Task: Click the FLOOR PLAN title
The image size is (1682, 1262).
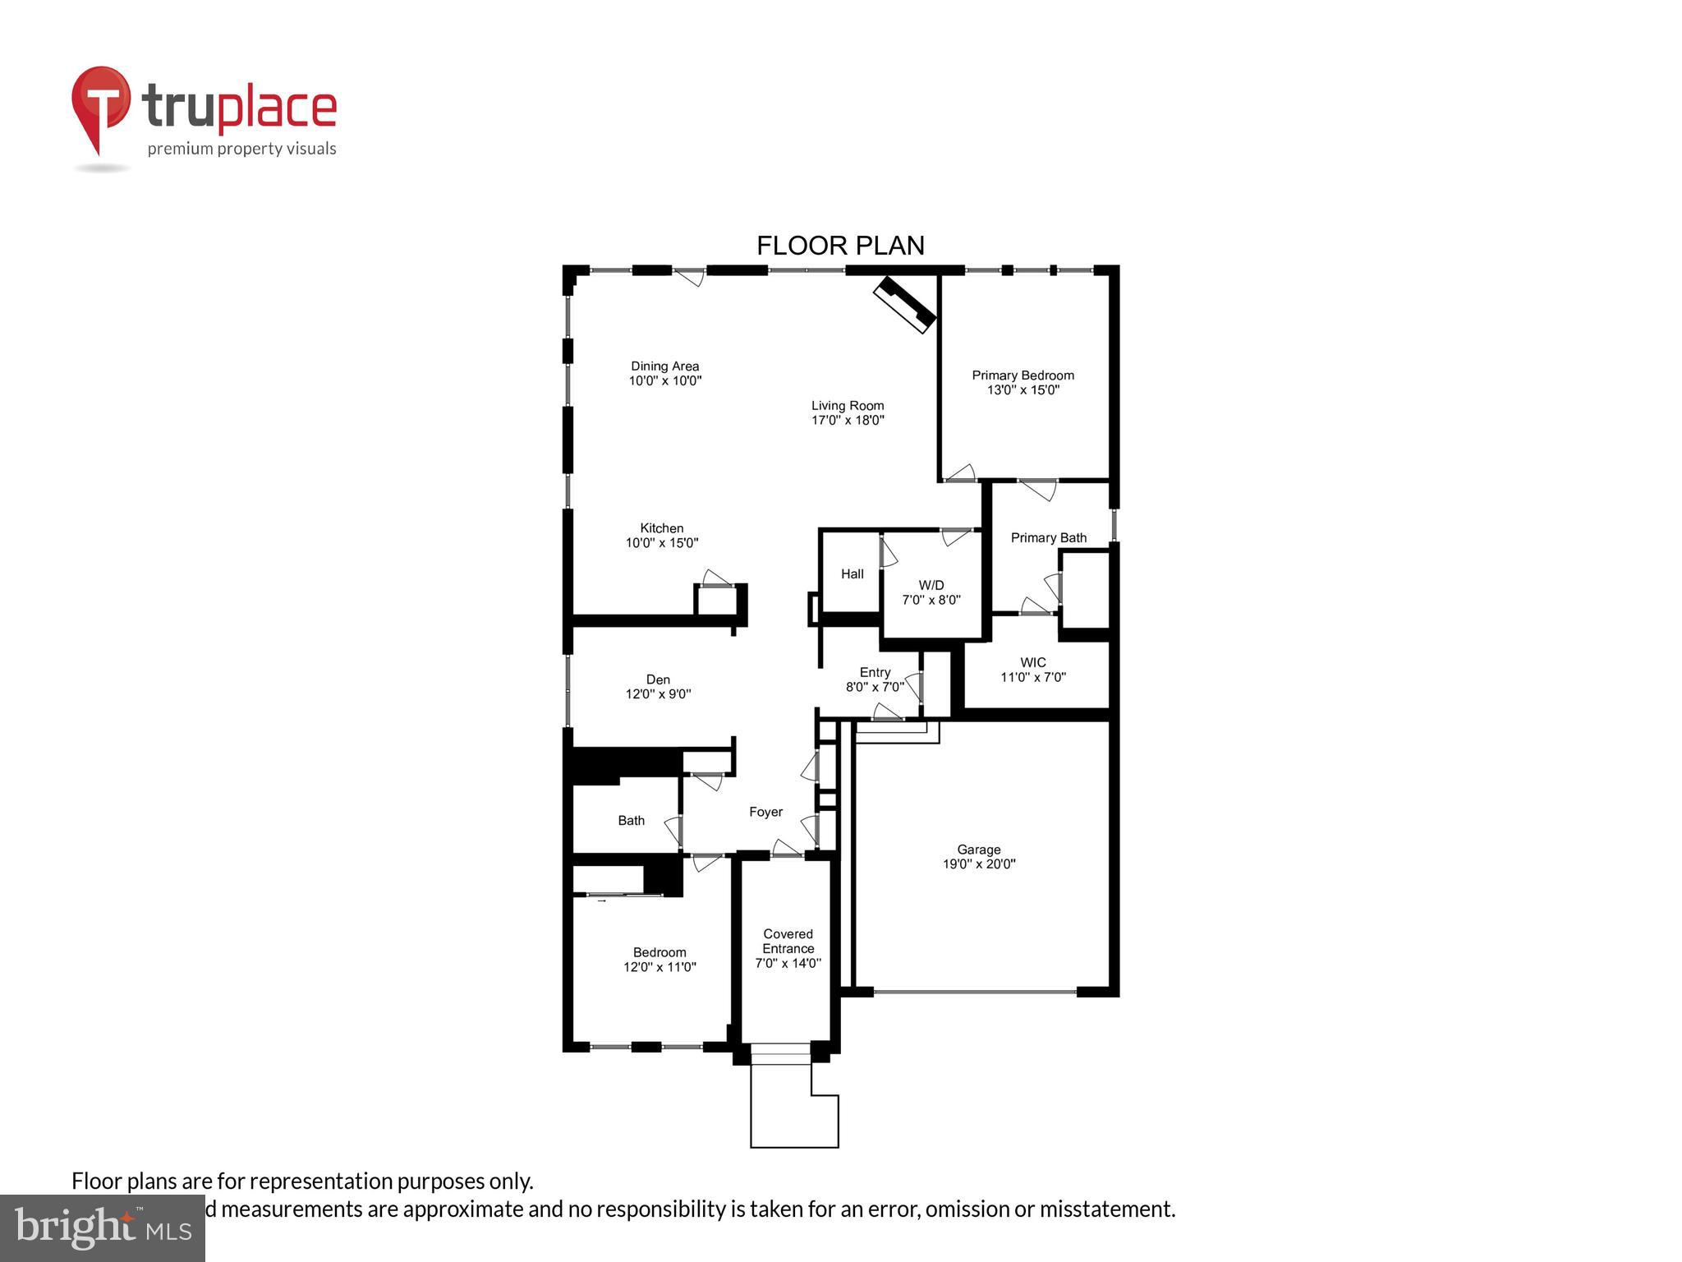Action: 840,246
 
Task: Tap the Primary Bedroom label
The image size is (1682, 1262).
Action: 1023,375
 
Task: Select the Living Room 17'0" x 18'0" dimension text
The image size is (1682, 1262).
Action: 848,421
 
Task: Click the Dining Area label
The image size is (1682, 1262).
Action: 664,366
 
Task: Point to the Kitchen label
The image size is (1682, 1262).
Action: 661,528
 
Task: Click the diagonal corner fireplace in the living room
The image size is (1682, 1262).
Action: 904,304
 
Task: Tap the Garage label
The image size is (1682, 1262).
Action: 978,850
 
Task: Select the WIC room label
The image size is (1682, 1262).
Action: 1032,662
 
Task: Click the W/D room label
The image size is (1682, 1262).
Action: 931,585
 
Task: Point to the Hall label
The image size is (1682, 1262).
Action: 852,573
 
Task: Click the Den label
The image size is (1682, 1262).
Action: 658,679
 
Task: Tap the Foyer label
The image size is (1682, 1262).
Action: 765,812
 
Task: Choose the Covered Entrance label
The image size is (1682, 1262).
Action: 788,941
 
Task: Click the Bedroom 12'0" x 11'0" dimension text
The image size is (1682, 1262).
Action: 659,967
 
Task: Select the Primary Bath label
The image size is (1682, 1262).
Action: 1048,537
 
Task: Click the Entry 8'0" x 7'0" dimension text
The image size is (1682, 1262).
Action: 875,687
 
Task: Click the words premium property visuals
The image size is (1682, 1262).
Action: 241,149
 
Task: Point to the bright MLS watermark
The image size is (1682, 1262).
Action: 102,1227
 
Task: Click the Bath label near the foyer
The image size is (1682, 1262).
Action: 631,820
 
